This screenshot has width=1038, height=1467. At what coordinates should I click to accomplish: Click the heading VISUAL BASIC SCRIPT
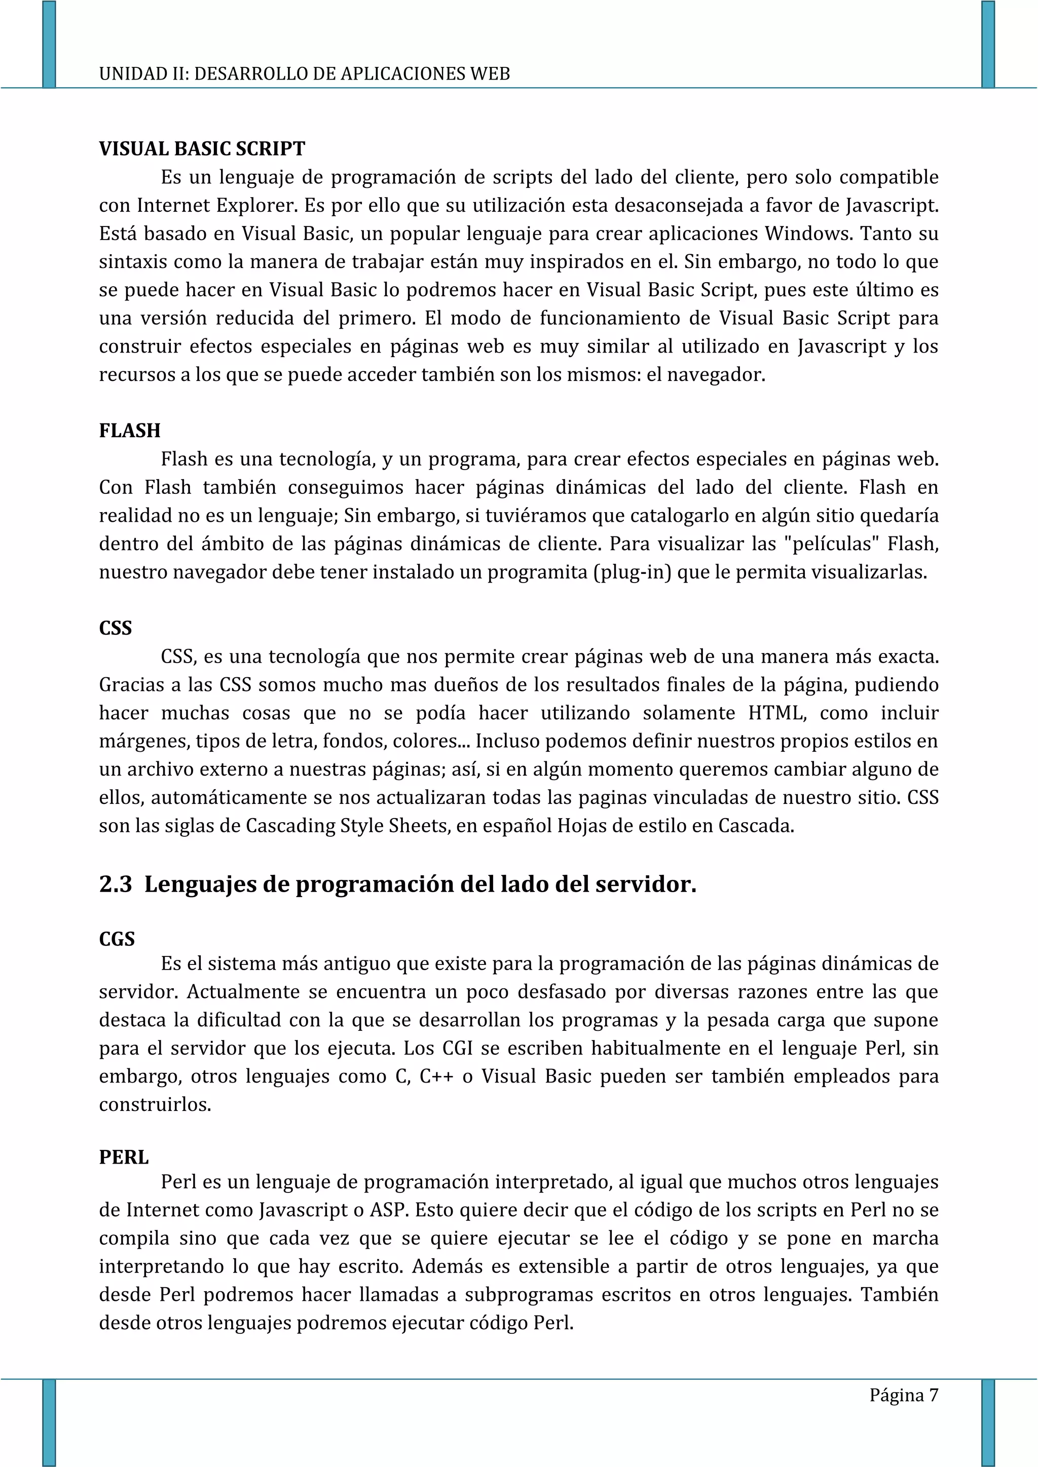pos(202,149)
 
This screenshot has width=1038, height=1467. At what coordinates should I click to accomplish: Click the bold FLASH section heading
pos(130,431)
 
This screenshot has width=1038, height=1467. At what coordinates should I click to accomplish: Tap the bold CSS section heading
pos(115,628)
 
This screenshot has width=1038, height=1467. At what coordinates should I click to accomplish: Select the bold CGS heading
pos(117,939)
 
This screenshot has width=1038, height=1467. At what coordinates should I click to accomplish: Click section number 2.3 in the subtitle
pos(116,884)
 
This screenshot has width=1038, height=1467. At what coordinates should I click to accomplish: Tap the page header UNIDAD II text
pos(304,74)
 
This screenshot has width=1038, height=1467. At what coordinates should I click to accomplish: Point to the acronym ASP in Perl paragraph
pos(388,1210)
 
